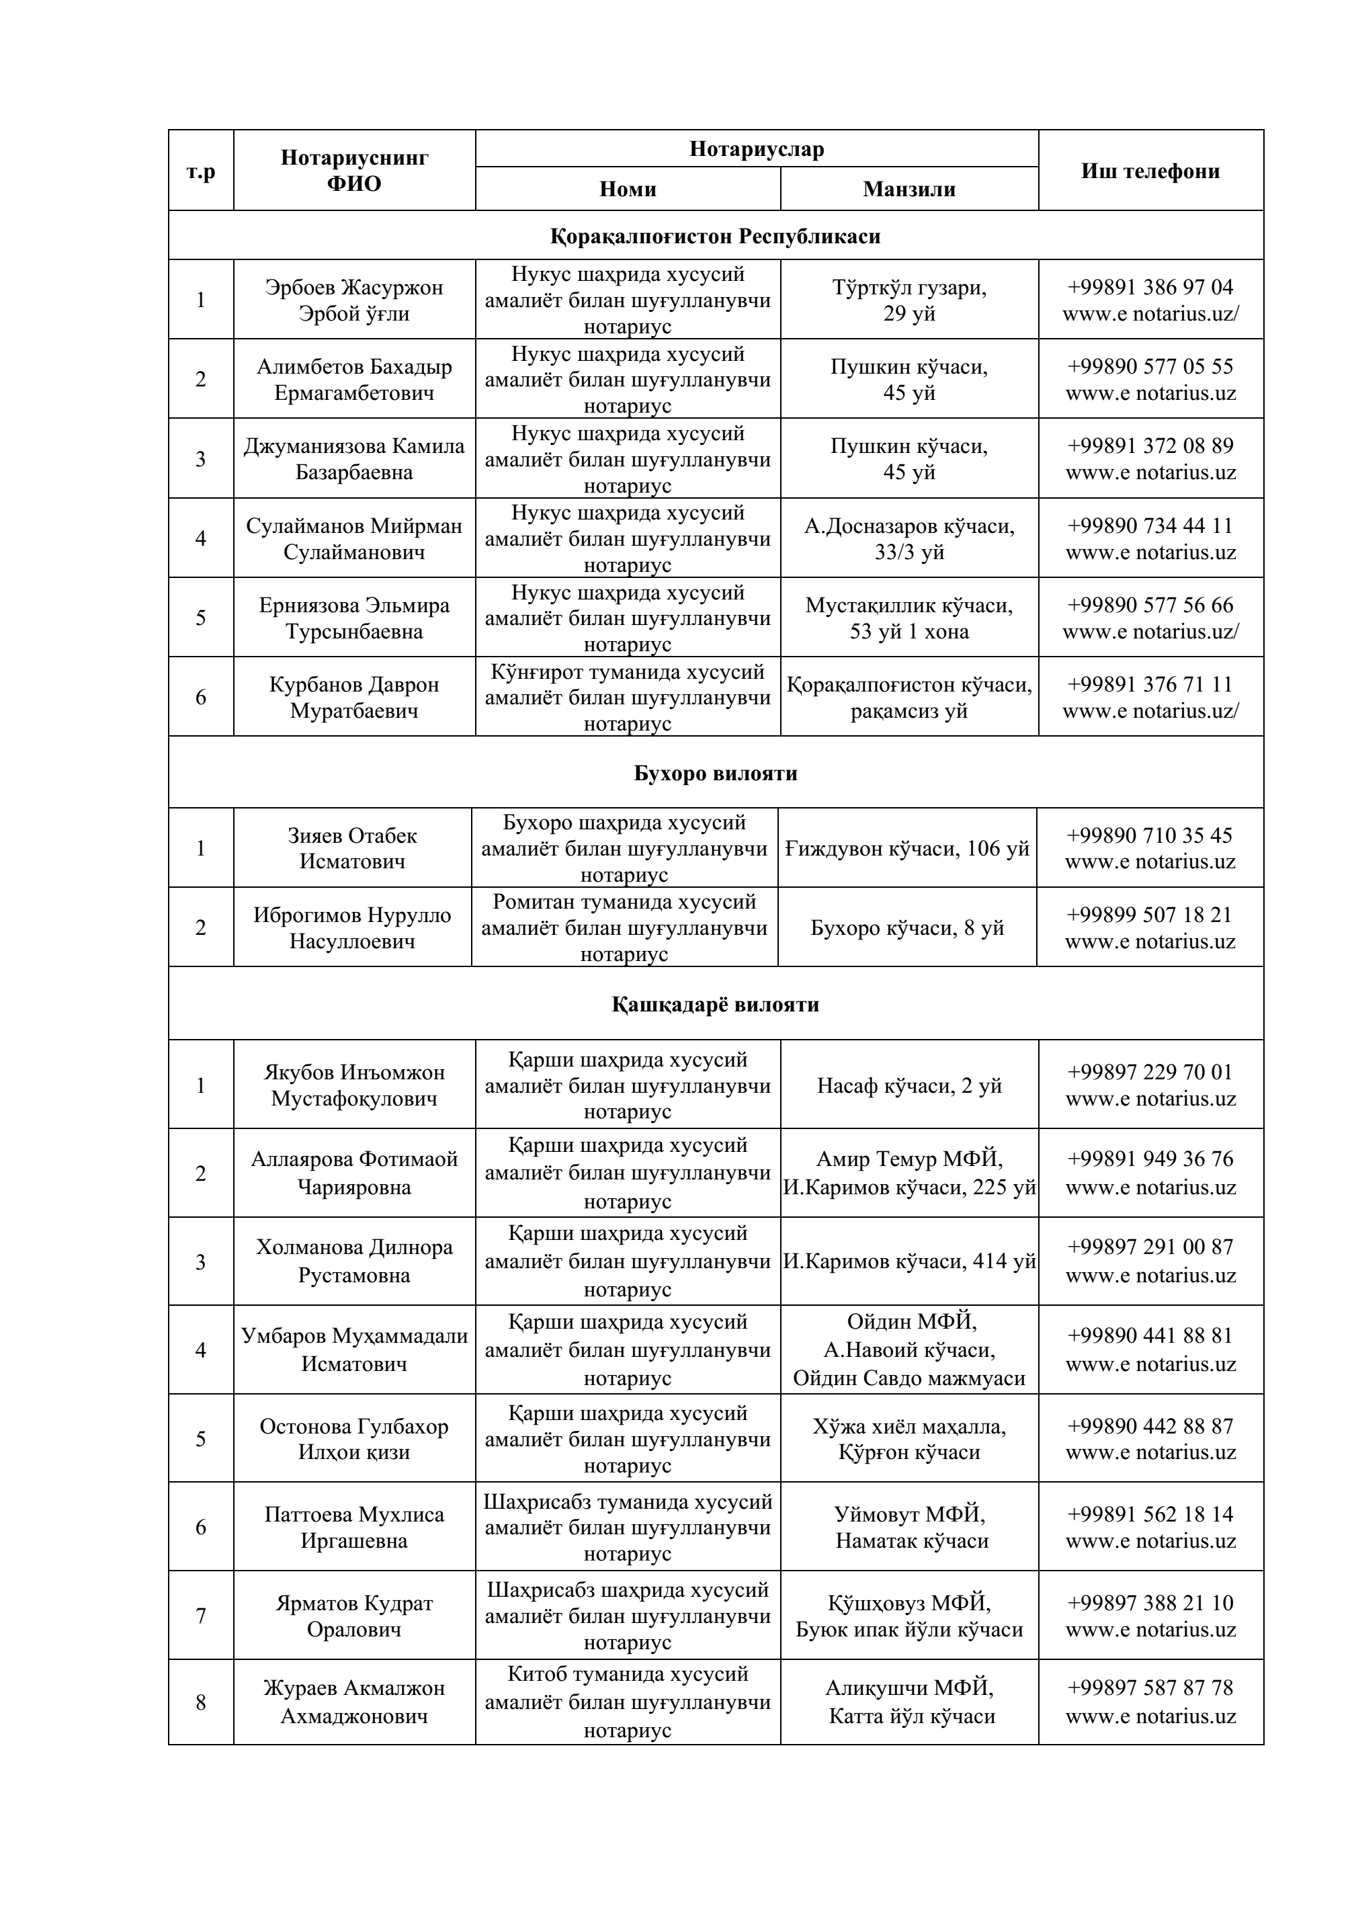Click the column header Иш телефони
1150,171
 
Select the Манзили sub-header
909,189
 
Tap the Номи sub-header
628,189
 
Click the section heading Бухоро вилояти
715,773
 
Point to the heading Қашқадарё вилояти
715,1004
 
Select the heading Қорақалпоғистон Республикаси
715,237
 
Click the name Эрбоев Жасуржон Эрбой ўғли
354,300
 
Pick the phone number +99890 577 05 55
1150,366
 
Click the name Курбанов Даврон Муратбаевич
354,697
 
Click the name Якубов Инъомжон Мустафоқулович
354,1085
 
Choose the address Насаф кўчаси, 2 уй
909,1085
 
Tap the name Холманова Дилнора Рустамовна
354,1261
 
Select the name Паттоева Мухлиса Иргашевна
354,1528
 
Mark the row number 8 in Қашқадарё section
201,1703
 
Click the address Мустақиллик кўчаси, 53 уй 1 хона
909,618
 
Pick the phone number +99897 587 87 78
1150,1688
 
